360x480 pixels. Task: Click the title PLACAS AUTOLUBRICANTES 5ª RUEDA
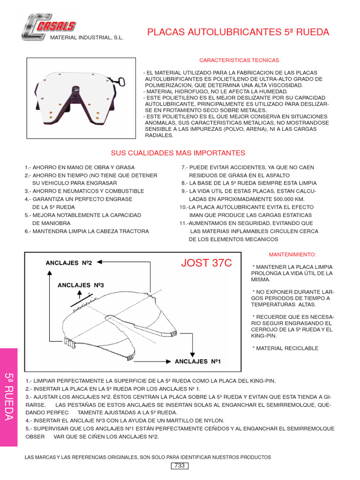(x=238, y=32)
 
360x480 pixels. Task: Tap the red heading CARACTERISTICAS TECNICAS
(x=239, y=60)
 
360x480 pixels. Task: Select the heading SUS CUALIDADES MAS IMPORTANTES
(x=178, y=153)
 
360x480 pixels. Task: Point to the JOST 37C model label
(x=206, y=263)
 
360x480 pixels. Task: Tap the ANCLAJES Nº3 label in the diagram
(x=80, y=285)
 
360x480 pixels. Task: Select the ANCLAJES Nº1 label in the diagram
(x=197, y=361)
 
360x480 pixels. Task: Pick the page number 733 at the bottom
(x=179, y=465)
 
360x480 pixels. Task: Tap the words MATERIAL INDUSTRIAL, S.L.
(x=87, y=37)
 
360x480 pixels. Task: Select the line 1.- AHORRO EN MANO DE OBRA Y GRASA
(x=80, y=167)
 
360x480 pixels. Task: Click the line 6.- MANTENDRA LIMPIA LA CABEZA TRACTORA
(x=87, y=231)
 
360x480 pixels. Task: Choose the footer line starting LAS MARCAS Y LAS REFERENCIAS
(x=148, y=457)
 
